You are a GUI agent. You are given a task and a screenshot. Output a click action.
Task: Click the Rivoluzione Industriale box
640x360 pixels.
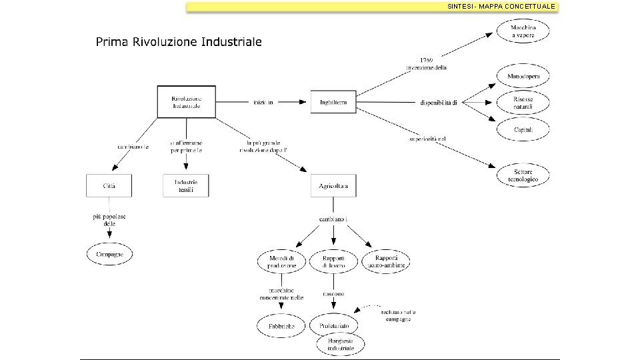click(186, 102)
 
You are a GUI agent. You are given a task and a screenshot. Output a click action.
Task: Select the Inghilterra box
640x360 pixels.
click(333, 102)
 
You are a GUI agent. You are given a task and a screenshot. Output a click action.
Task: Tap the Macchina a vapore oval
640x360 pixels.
click(523, 31)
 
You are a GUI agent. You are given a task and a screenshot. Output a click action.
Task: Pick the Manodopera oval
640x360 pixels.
click(523, 77)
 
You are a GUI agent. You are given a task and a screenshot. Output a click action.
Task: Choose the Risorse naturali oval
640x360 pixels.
click(523, 102)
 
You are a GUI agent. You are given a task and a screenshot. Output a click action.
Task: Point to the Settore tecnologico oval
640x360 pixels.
click(523, 175)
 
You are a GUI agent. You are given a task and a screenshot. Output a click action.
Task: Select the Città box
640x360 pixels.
click(109, 185)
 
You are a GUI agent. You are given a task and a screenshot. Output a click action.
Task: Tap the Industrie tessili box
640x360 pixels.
click(186, 185)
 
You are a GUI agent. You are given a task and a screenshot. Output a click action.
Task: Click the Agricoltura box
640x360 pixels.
click(333, 185)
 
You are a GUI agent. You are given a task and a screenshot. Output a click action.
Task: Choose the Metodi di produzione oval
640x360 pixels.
click(281, 261)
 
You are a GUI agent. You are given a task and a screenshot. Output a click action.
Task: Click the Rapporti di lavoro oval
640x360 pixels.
click(333, 261)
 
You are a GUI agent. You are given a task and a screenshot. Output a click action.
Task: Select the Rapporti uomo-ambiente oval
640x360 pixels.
click(385, 261)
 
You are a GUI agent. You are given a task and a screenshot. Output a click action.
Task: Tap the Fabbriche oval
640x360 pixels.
click(281, 326)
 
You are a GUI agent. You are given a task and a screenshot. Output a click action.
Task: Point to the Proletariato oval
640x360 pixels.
click(333, 325)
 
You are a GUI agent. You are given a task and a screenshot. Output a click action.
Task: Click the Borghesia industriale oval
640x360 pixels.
click(341, 344)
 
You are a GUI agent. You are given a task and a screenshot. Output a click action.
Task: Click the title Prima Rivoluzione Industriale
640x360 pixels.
click(179, 42)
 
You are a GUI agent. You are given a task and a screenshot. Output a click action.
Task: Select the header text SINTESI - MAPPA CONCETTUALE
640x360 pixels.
click(501, 6)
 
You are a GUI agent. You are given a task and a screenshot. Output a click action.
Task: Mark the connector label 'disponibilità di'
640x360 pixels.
click(438, 102)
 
